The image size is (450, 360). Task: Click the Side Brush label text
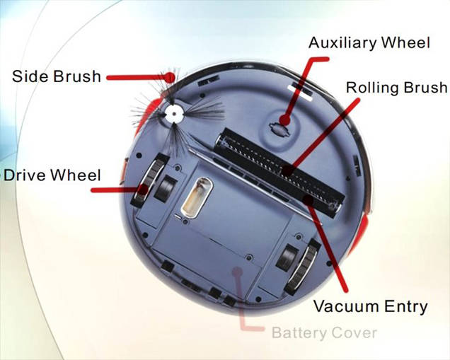[57, 76]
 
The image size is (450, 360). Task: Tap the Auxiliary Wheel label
[369, 42]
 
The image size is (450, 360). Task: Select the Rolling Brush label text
[397, 87]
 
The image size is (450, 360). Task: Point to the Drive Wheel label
[52, 175]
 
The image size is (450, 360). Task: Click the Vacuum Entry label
[371, 306]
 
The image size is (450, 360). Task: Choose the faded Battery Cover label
[324, 332]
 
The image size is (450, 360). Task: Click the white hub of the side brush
[174, 113]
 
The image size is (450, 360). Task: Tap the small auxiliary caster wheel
[278, 129]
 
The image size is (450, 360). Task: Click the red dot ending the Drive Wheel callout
[143, 189]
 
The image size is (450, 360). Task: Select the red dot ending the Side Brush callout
[171, 77]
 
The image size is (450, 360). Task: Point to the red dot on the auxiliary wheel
[284, 120]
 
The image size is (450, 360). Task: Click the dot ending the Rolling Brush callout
[288, 170]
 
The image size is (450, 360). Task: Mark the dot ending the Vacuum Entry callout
[308, 199]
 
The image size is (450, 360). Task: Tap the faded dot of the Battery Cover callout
[237, 272]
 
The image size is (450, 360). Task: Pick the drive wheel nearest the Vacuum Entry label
[303, 266]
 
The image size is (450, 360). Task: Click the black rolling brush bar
[279, 173]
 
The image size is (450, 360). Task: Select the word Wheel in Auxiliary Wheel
[405, 42]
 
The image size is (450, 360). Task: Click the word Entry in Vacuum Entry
[406, 307]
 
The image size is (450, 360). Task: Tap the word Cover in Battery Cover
[350, 333]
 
